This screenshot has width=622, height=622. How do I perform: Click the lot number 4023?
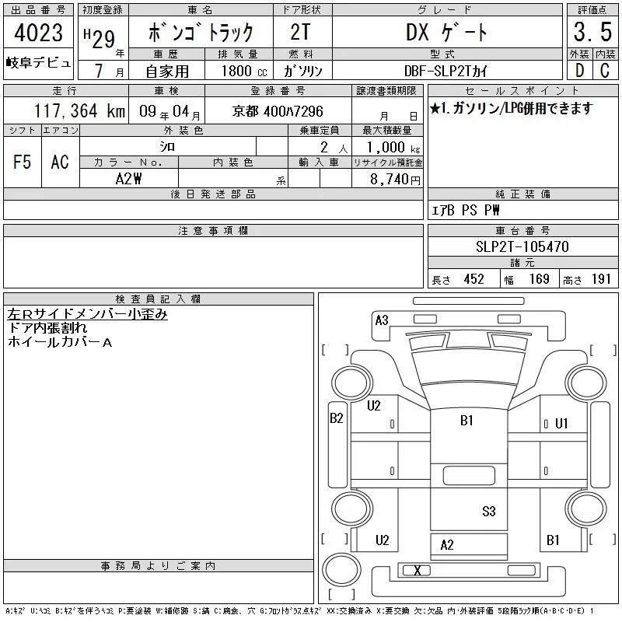coord(38,33)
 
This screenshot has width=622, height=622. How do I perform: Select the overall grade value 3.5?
coord(592,32)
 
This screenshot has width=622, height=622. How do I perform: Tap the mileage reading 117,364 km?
coord(80,111)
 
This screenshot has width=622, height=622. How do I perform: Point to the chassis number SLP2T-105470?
coord(522,246)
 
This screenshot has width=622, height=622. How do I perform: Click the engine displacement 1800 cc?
coord(244,71)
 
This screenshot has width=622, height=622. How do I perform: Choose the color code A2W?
coord(128,179)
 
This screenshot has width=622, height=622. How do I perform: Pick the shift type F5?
coord(23,162)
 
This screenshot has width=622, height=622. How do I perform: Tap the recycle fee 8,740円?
coord(395,180)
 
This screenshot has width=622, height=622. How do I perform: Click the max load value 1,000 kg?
coord(393,148)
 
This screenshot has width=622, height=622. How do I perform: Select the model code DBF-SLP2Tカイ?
coord(446,71)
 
